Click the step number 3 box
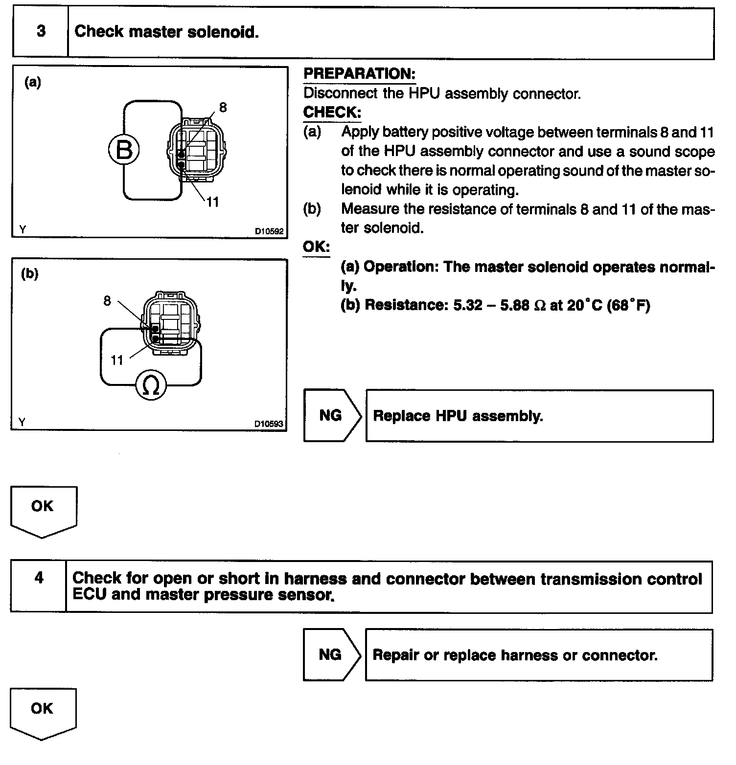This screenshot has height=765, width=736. coord(41,32)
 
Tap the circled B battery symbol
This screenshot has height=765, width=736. coord(124,150)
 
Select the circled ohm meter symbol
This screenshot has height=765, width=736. coord(151,385)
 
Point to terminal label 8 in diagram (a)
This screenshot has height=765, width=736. coord(223,108)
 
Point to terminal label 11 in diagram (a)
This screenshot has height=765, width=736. coord(212,202)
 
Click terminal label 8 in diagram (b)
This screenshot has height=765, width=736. coord(107,300)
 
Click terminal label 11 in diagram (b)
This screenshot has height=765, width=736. coord(116,360)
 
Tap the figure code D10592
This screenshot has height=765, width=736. coord(269,231)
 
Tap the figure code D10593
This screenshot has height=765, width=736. coord(269,424)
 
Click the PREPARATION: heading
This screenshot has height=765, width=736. coord(359,74)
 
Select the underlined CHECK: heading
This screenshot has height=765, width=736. coord(332,112)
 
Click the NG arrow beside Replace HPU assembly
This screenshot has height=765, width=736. coord(331,416)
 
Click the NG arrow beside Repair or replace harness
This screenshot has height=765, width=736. coord(331,654)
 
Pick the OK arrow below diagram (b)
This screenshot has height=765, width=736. coord(43,509)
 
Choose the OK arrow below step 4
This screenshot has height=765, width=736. coord(43,711)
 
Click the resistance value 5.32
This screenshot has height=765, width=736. coord(468,305)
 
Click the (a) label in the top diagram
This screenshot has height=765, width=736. coord(33,82)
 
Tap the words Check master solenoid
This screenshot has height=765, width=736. coord(166,32)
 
